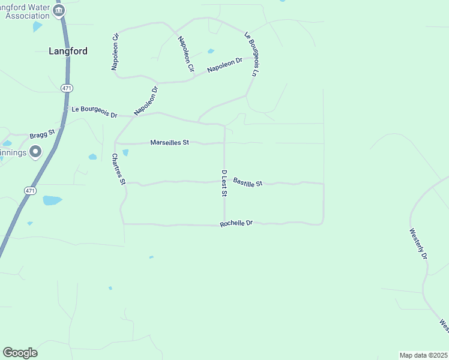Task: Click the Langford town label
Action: coord(68,51)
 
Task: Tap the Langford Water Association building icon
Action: coord(59,10)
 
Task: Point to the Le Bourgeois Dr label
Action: coord(94,110)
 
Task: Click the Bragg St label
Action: coord(42,133)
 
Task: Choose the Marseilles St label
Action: coord(169,142)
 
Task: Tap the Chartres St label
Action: coord(118,169)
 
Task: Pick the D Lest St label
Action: coord(224,184)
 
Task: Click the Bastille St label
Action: coord(248,181)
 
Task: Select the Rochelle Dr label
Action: coord(237,223)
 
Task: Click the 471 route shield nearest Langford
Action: coord(67,88)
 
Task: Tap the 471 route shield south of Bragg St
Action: coord(31,190)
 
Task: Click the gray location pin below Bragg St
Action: coord(35,152)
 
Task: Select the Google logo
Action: coord(20,353)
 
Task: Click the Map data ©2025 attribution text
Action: coord(423,355)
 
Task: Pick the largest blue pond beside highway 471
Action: coord(52,200)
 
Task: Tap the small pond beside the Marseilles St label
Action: coord(125,152)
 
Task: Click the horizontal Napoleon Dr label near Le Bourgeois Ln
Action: coord(224,65)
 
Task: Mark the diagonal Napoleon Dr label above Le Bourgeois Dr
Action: coord(146,101)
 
